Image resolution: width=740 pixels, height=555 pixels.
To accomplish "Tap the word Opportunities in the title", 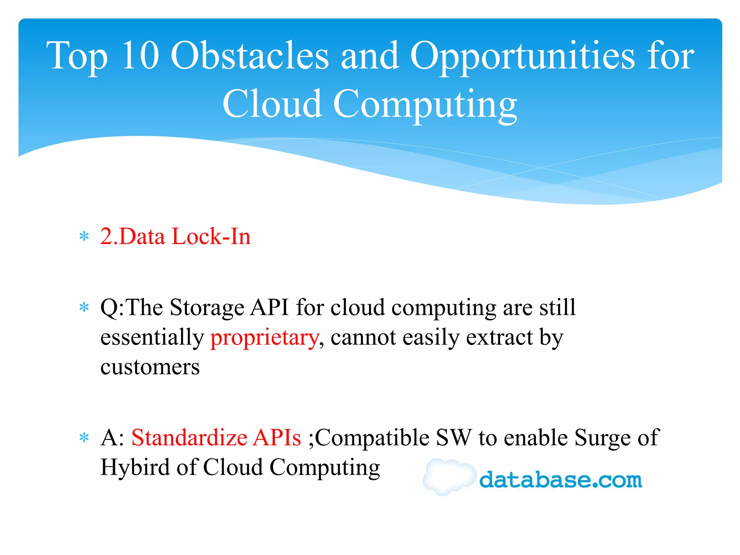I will pyautogui.click(x=522, y=56).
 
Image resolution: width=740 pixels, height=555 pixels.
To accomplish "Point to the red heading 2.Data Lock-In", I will pyautogui.click(x=175, y=236).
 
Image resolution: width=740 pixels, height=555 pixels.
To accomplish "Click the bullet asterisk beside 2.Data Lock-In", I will pyautogui.click(x=84, y=237).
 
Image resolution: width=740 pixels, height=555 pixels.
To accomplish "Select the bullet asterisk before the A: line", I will pyautogui.click(x=84, y=438).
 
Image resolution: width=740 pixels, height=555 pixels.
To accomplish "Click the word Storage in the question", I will pyautogui.click(x=207, y=308).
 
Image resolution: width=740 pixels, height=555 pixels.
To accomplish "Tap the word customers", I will pyautogui.click(x=150, y=367).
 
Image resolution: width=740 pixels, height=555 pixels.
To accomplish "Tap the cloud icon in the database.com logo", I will pyautogui.click(x=448, y=476).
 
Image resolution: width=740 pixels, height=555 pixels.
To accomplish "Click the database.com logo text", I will pyautogui.click(x=560, y=479).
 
